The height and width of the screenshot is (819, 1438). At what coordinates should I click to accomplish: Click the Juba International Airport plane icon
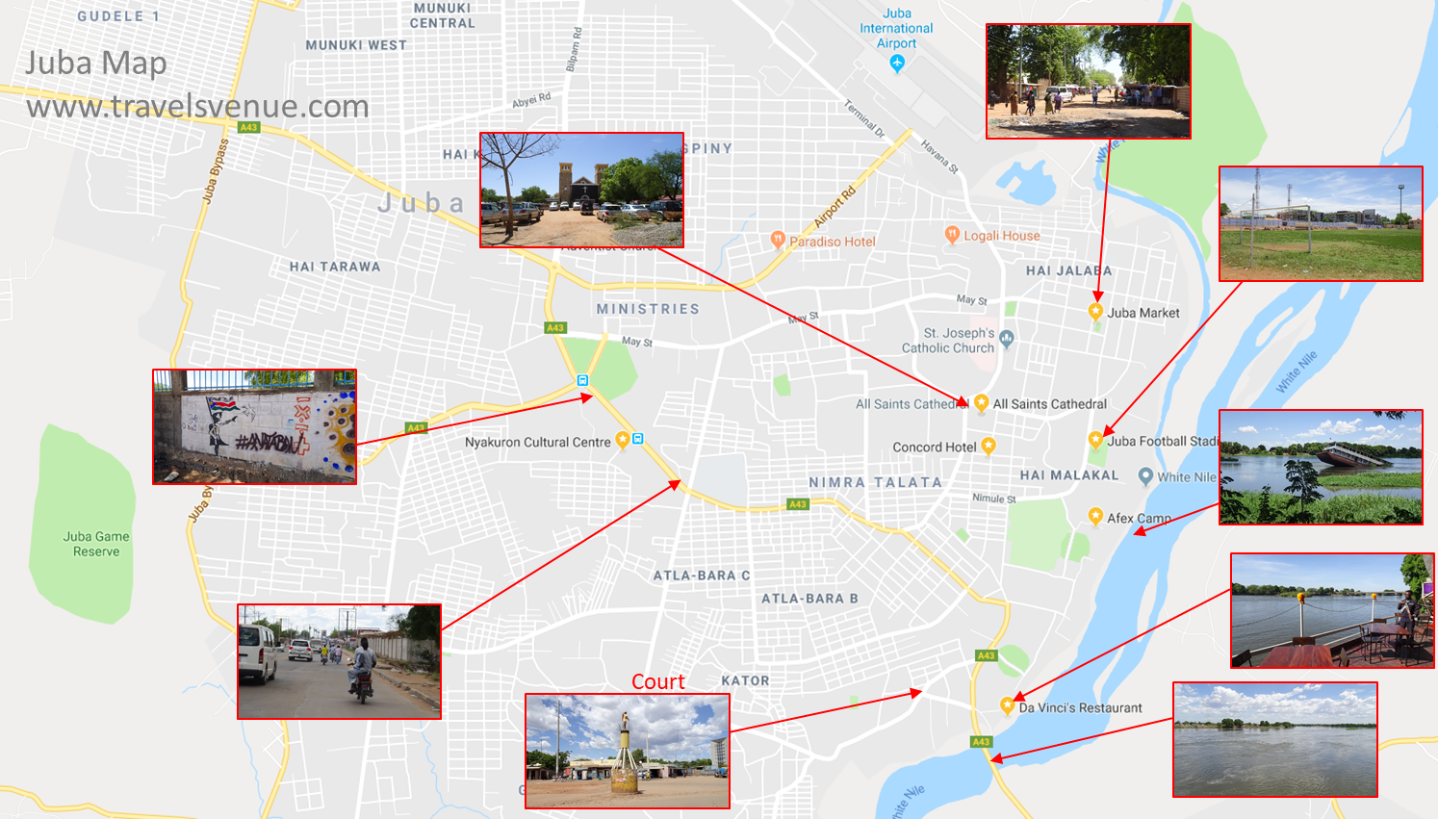coord(897,64)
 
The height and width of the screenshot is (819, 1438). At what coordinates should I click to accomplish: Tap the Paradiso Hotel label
coord(833,242)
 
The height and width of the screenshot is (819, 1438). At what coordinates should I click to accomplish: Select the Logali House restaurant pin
coord(952,234)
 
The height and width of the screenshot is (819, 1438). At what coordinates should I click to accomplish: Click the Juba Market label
coord(1143,313)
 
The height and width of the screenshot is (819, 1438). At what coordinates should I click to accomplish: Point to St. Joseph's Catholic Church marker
coord(1007,338)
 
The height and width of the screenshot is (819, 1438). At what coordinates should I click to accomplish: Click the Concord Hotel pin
coord(989,446)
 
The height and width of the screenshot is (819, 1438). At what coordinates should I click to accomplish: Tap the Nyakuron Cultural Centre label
coord(537,443)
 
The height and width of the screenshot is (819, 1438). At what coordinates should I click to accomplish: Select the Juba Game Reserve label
coord(96,544)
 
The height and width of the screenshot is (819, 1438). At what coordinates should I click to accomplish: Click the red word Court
coord(658,681)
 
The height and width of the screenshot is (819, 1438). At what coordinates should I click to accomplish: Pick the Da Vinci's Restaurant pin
coord(1007,705)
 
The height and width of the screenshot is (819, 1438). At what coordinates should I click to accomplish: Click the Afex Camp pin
coord(1094,516)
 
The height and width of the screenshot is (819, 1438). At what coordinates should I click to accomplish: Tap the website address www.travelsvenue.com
coord(197,106)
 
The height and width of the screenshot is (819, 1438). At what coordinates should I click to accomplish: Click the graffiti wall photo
coord(254,426)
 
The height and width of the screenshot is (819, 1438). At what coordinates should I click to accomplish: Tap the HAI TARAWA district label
coord(335,267)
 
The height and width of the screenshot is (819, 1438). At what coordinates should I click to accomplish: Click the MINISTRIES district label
coord(648,309)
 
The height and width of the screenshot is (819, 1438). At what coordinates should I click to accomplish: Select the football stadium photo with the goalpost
coord(1321,224)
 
